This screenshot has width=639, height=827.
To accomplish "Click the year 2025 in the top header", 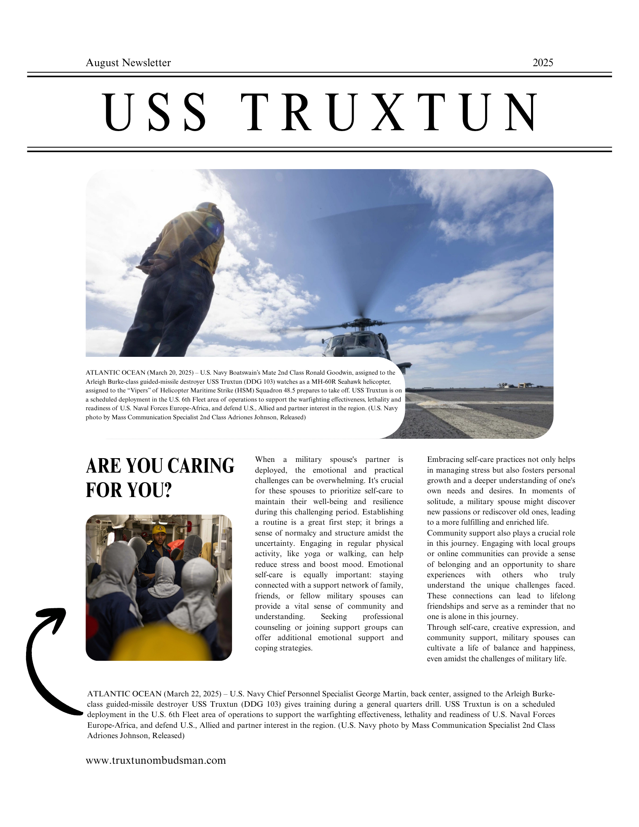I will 543,63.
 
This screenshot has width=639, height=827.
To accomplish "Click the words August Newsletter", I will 128,63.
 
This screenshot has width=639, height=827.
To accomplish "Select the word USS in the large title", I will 155,113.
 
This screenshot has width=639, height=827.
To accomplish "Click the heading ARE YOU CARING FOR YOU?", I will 160,478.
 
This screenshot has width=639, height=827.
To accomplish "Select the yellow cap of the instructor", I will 160,529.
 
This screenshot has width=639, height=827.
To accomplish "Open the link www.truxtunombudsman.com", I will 156,760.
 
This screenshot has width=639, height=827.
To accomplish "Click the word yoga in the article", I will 312,554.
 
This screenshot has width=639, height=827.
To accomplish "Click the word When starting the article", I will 265,459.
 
